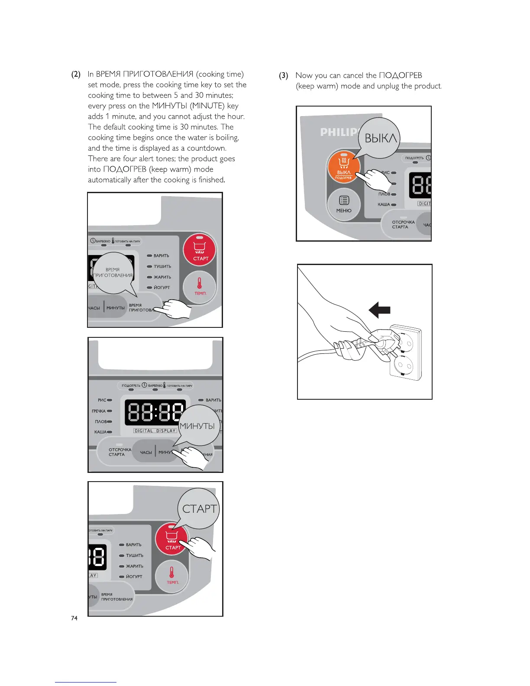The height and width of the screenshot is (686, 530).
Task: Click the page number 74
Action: pos(74,618)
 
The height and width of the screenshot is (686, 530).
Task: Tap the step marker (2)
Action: pos(76,74)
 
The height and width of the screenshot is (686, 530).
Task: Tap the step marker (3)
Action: pos(284,76)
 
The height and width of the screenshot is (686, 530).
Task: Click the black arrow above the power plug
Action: pos(379,310)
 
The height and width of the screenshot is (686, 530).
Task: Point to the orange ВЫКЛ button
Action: pos(344,167)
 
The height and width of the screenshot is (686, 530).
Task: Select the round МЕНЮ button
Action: pos(344,204)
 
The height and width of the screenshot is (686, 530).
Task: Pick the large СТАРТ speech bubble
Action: pos(199,509)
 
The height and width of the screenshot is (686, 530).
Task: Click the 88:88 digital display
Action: pos(155,412)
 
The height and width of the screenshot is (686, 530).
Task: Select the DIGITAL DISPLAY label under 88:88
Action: pos(155,431)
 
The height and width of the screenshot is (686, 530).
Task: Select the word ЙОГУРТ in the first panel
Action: pos(162,288)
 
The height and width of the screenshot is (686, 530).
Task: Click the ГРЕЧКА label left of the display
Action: pos(99,411)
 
